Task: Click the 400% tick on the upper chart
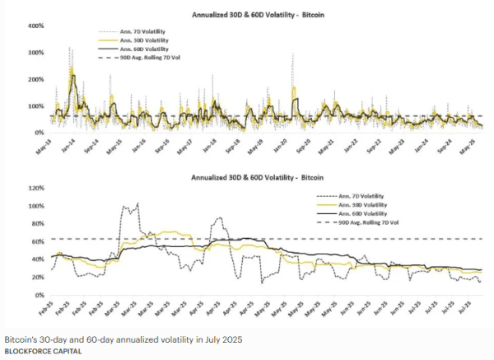(x=36, y=26)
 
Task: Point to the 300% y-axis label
(x=36, y=53)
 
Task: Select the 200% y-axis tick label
(x=36, y=79)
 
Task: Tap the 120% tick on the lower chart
(x=36, y=187)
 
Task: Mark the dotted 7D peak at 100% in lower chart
(x=137, y=203)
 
